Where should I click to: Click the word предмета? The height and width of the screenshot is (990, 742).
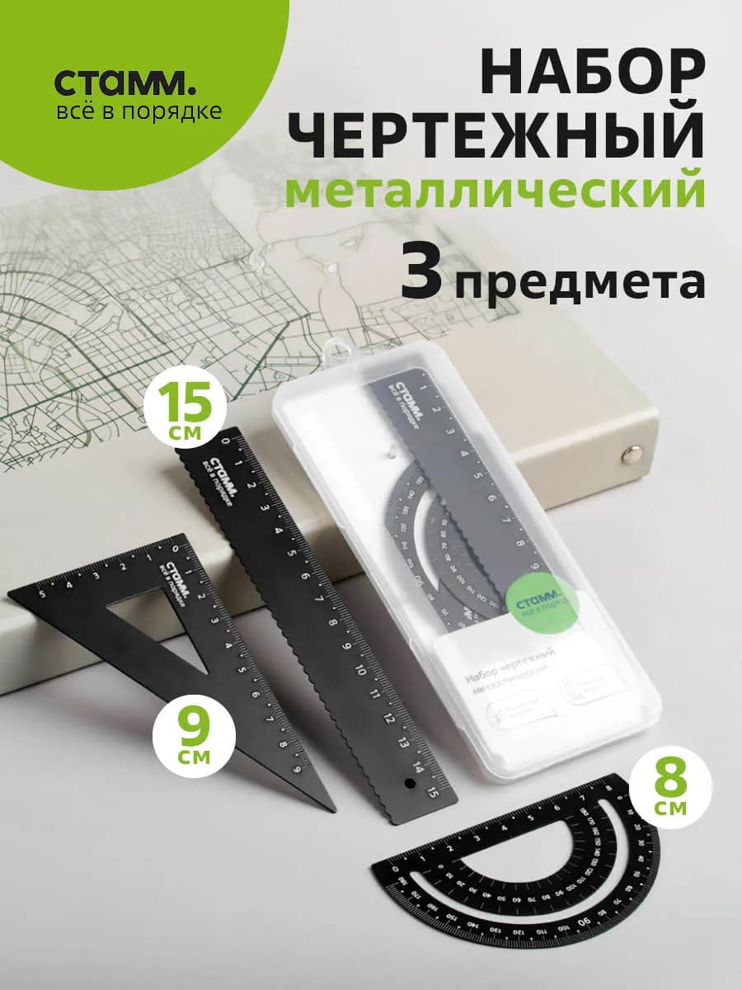coord(580,281)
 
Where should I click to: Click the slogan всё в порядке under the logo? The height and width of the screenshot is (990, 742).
coord(139,111)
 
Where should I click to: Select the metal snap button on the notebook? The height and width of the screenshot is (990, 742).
coord(634,451)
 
